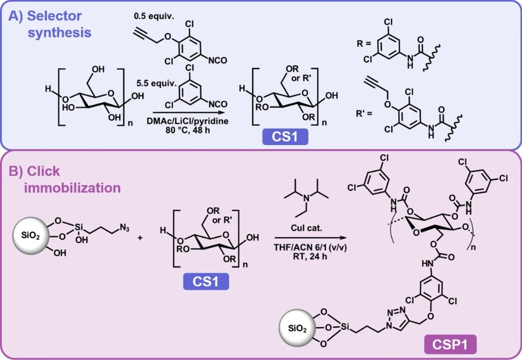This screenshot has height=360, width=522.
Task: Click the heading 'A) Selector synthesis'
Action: click(x=50, y=24)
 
